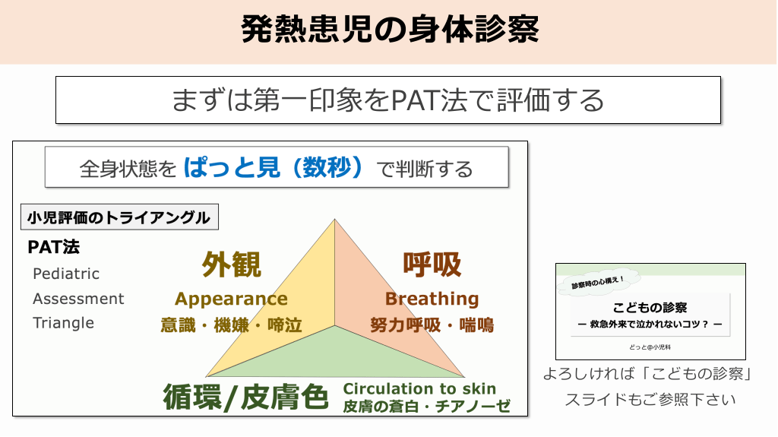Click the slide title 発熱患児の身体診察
pos(390,30)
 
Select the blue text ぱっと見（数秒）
pos(274,167)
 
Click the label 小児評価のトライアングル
pos(119,217)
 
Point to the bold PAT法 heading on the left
pos(54,247)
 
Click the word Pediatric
pos(66,274)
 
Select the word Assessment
pos(78,299)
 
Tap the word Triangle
pos(64,323)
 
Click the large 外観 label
pos(231,264)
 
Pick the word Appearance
pos(231,299)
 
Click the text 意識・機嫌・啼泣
pos(231,325)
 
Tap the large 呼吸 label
pos(432,264)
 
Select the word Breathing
pos(432,299)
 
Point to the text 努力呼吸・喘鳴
pos(432,325)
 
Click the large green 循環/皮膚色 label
pos(245,397)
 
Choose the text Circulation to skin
pos(419,388)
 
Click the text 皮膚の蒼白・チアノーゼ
pos(427,406)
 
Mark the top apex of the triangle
pos(334,219)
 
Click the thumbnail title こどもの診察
pos(650,307)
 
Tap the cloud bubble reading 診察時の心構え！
pos(597,283)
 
